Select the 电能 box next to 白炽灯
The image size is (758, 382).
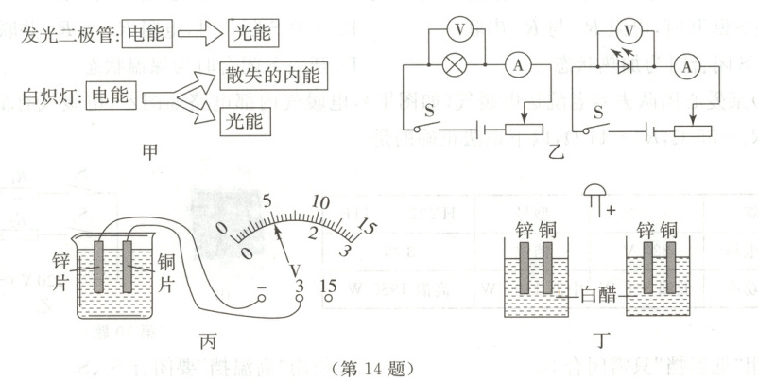pos(112,94)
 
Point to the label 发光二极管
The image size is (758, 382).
pos(61,34)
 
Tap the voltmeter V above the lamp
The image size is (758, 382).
pos(458,29)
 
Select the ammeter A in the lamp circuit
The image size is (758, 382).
pos(517,66)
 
